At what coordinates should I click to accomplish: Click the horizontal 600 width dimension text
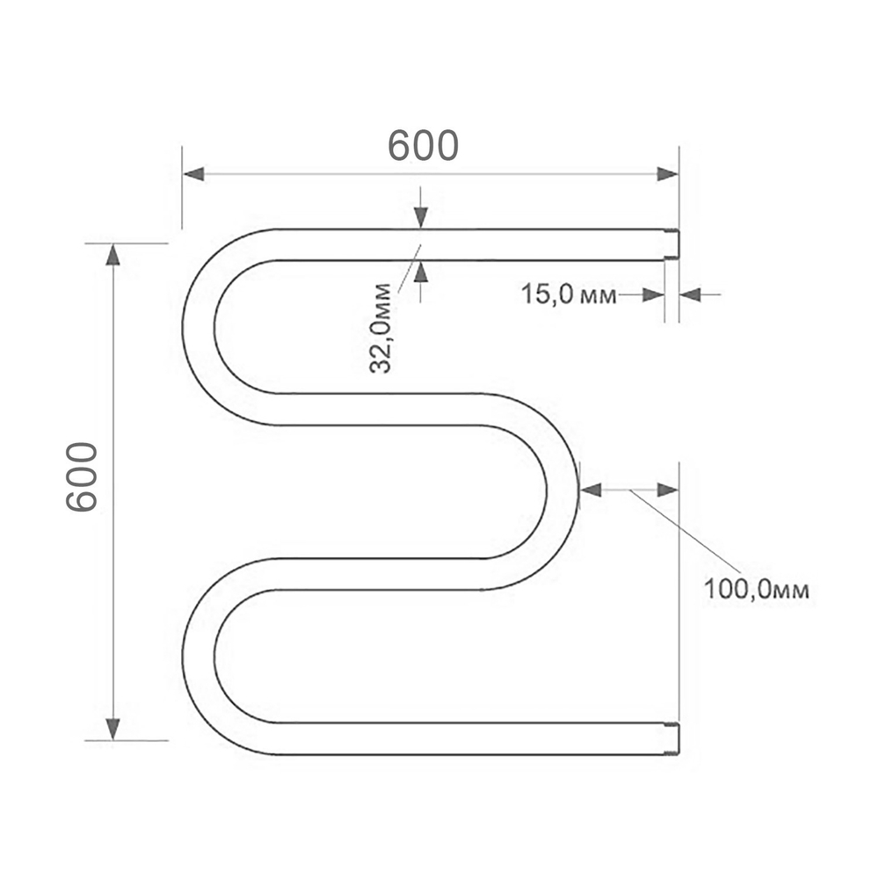[x=424, y=146]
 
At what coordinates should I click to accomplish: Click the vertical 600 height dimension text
[x=83, y=477]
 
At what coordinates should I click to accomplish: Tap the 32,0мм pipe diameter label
[x=380, y=328]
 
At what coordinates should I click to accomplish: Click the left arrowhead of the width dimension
[x=194, y=174]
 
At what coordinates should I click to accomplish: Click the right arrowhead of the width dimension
[x=667, y=174]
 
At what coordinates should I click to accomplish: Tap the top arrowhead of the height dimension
[x=113, y=254]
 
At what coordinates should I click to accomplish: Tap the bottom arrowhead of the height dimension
[x=113, y=728]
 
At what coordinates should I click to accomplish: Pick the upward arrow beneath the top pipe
[x=420, y=272]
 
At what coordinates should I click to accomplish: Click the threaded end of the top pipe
[x=672, y=244]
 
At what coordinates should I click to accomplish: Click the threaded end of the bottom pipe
[x=672, y=738]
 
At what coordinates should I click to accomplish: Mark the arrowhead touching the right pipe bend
[x=591, y=490]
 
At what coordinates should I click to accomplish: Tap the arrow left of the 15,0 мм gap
[x=652, y=294]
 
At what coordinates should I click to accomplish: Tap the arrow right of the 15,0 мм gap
[x=691, y=294]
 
